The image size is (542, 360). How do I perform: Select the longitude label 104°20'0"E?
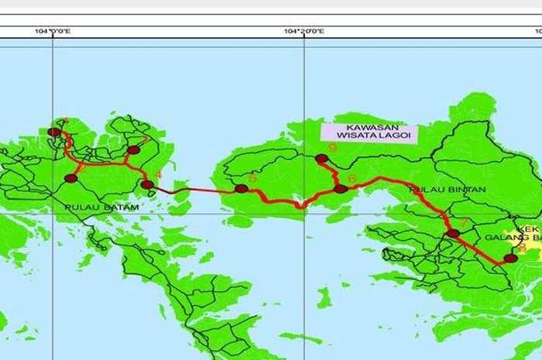point(304,32)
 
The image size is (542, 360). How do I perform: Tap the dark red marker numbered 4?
point(147,184)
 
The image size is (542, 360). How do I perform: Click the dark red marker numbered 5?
point(242,189)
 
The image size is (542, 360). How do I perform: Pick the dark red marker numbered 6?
point(340,188)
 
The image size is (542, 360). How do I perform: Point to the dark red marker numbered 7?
point(453,233)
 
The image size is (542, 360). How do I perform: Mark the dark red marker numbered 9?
point(321,159)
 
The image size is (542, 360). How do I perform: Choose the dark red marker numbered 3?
point(133,150)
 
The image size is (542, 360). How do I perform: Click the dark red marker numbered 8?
point(509,259)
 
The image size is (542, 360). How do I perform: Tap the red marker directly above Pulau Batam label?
point(71,179)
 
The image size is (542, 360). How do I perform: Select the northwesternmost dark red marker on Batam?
point(54,132)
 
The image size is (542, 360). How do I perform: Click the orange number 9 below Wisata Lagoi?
point(332,148)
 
